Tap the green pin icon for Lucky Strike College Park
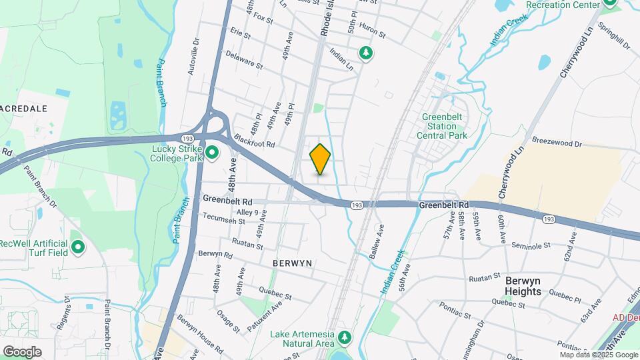coord(213,153)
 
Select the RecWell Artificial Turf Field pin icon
coord(78,248)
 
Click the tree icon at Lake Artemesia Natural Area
coord(345,337)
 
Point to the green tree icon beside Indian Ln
coord(365,52)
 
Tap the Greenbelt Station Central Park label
coord(445,126)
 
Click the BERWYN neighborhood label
coord(293,263)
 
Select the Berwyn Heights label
coord(532,286)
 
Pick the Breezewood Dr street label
coord(557,142)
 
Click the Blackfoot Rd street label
coord(254,141)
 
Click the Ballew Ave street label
coord(377,241)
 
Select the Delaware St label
coord(244,61)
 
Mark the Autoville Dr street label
coord(195,56)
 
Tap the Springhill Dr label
coord(614,35)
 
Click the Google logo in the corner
coord(22,351)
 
